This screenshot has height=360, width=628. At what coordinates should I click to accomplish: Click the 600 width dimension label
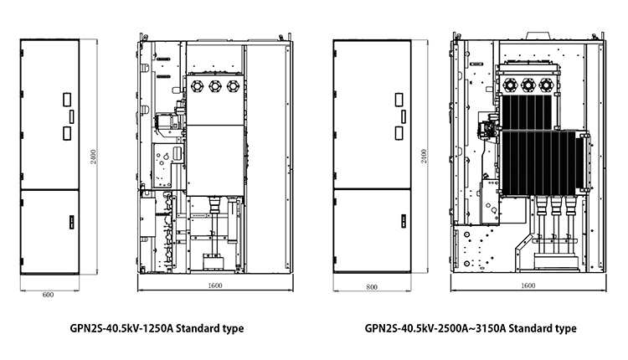tap(48, 295)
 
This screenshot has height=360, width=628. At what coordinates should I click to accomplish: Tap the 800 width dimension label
tap(372, 287)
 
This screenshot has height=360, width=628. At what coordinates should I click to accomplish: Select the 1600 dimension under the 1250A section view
tap(215, 285)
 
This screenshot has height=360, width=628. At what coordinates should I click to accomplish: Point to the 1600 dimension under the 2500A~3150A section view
tap(528, 285)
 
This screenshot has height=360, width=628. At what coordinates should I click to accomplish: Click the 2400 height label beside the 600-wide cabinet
tap(93, 157)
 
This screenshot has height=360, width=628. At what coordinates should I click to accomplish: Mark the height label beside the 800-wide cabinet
tap(425, 157)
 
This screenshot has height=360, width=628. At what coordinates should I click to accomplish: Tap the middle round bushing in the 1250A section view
tap(215, 86)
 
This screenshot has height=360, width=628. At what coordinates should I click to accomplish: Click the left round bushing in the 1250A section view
tap(198, 86)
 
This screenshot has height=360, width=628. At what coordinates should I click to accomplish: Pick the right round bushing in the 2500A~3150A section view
tap(545, 85)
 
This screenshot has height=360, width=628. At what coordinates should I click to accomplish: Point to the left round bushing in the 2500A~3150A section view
tap(510, 85)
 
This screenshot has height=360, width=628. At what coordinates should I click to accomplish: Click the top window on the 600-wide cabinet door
tap(67, 100)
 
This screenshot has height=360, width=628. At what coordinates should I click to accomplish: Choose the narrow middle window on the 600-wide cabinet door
tap(72, 116)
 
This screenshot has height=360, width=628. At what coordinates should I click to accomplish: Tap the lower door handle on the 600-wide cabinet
tap(72, 222)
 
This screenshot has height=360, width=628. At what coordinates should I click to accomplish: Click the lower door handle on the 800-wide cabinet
tap(404, 221)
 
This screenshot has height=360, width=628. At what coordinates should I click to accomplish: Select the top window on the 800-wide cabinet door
tap(399, 100)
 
